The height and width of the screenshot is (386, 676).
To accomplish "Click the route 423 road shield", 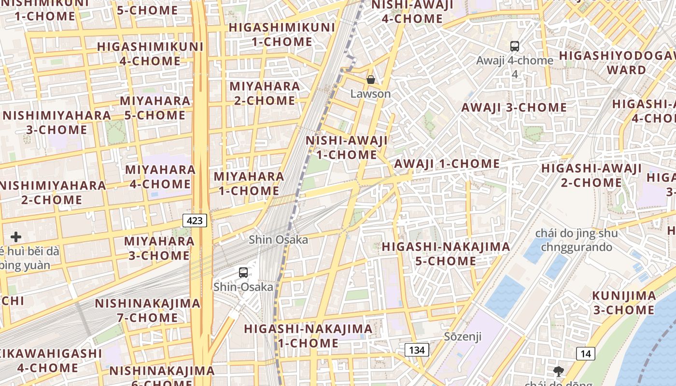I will click(x=195, y=221).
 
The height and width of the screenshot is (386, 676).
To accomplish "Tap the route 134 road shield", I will click(x=416, y=350).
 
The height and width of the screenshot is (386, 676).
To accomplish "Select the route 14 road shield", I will click(x=585, y=354).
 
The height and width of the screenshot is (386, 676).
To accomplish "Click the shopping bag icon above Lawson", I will click(x=371, y=80).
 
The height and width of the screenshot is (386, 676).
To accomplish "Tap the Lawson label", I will click(x=370, y=94).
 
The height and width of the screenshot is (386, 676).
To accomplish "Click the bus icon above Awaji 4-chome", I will click(x=515, y=46).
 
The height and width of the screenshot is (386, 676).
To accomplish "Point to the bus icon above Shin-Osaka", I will click(x=243, y=273).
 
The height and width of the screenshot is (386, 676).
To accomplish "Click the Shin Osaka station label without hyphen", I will click(x=278, y=239).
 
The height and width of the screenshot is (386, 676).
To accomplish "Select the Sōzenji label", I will click(x=463, y=336).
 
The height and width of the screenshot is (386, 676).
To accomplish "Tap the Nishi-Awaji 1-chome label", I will click(x=347, y=148).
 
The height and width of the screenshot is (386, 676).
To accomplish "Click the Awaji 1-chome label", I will click(x=447, y=164).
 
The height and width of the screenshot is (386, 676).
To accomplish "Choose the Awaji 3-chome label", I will click(x=514, y=107).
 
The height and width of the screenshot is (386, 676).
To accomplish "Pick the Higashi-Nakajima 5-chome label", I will click(x=446, y=254).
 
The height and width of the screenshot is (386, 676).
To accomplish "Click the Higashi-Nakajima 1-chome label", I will click(x=308, y=336).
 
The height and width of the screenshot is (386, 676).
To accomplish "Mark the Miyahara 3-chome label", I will click(x=159, y=248).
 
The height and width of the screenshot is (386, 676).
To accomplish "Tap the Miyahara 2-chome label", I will click(x=264, y=93).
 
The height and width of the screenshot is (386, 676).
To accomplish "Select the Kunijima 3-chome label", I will click(x=624, y=303).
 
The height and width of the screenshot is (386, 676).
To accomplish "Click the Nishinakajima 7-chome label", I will click(x=147, y=310).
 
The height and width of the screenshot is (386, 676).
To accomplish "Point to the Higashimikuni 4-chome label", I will click(x=150, y=54).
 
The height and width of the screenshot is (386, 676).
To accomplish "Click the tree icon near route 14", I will click(x=559, y=372).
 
